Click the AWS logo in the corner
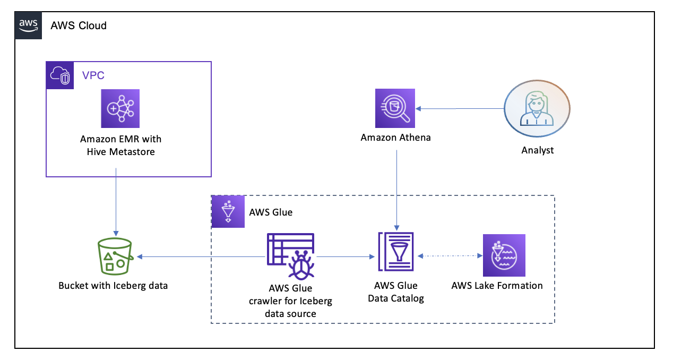pos(28,25)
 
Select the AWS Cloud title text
pos(79,25)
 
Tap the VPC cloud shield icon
pos(60,75)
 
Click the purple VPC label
pos(93,75)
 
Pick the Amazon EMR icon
pos(120,108)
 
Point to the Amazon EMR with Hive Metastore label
pos(121,145)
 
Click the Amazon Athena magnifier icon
pos(395,108)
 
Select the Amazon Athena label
pos(396,138)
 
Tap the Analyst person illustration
pos(537,108)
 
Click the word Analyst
pos(538,150)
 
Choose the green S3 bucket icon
pos(115,256)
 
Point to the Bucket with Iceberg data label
pos(113,286)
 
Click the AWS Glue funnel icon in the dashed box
pos(228,211)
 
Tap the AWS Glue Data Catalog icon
pos(396,252)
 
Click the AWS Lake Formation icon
pos(504,255)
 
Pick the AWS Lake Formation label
pos(497,286)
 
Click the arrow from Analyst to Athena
pos(460,108)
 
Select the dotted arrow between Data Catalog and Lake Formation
pos(450,256)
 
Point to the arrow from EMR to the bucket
pos(116,202)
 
